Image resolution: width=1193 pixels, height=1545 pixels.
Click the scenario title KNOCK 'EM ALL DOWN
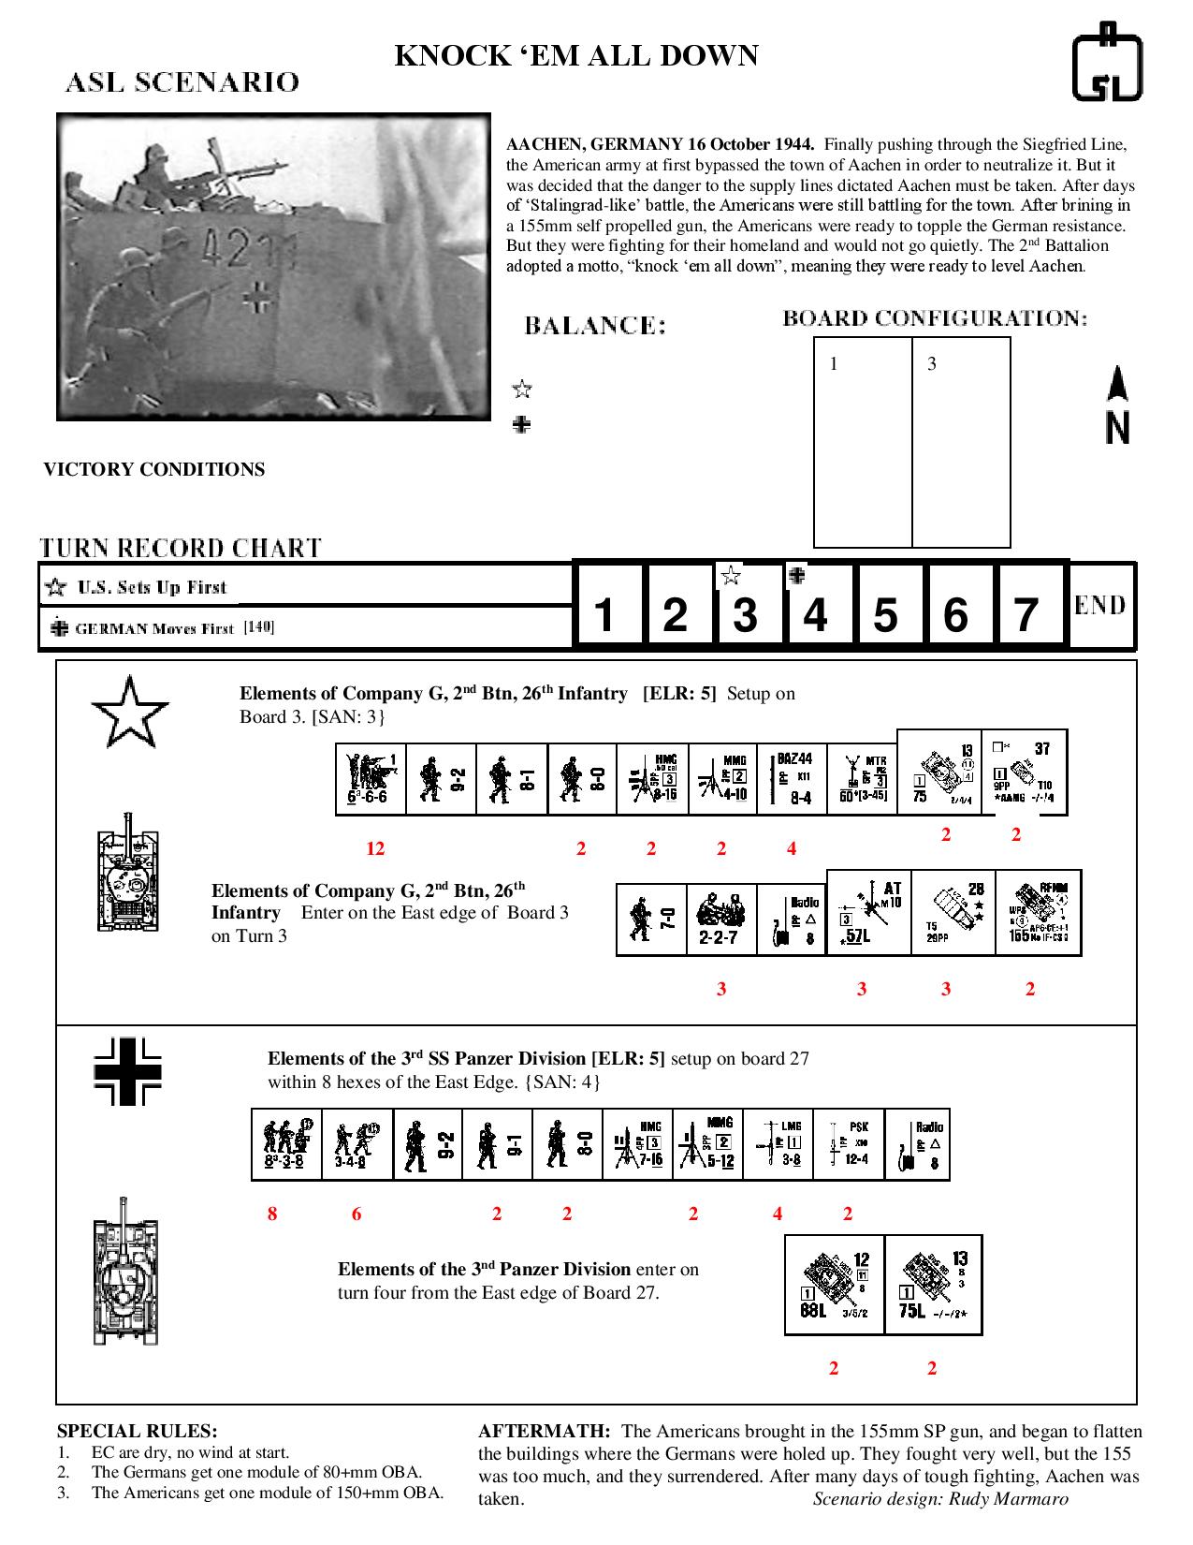pos(576,56)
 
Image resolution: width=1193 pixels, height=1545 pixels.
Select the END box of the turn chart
pos(1100,605)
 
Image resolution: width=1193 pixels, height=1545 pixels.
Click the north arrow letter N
pos(1117,428)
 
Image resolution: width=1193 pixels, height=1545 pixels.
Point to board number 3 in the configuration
pos(932,364)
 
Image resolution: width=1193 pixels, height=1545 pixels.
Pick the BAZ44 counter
pos(793,779)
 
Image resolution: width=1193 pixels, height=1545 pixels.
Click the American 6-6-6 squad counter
pos(371,779)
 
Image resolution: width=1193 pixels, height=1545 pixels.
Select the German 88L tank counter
pos(835,1285)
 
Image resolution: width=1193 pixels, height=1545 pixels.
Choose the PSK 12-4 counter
pos(849,1144)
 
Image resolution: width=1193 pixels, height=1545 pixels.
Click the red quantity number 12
pos(375,849)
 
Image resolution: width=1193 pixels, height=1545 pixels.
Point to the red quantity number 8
pos(272,1214)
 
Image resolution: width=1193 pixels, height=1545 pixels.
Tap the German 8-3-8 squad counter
pos(286,1144)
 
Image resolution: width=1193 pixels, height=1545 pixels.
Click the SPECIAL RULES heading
pos(137,1431)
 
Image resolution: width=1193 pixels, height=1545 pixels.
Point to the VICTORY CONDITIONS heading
pos(154,470)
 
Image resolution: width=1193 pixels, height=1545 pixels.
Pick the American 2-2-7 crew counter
pos(721,918)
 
